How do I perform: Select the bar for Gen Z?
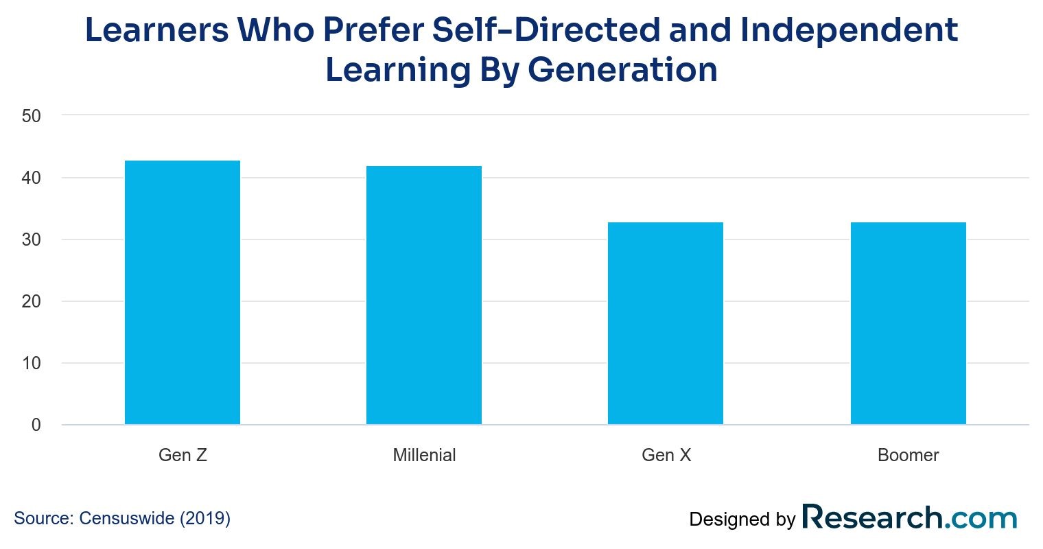[x=183, y=292]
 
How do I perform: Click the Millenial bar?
[x=424, y=295]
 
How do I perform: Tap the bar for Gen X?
[x=666, y=323]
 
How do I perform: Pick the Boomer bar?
[x=908, y=323]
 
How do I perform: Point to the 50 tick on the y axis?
[x=32, y=116]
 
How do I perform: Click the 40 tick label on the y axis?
[x=32, y=178]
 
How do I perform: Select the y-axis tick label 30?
[x=32, y=240]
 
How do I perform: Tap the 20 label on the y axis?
[x=32, y=301]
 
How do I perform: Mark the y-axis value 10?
[x=32, y=363]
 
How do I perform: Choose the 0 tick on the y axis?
[x=36, y=425]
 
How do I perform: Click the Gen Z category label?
[x=183, y=455]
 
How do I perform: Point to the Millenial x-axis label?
[x=424, y=455]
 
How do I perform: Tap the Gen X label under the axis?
[x=666, y=455]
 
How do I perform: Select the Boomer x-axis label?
[x=908, y=455]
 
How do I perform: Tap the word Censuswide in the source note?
[x=127, y=518]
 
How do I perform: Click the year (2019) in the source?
[x=205, y=518]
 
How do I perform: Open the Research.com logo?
[x=909, y=518]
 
